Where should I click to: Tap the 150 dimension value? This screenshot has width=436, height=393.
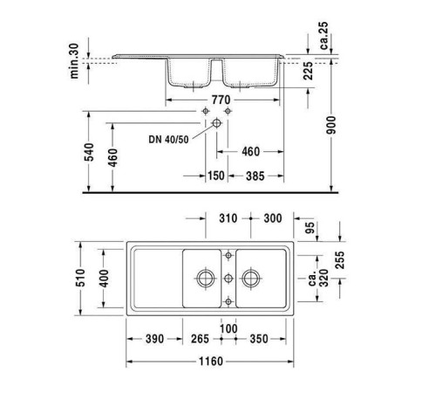point(215,176)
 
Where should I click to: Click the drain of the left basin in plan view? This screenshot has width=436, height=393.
point(206,279)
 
